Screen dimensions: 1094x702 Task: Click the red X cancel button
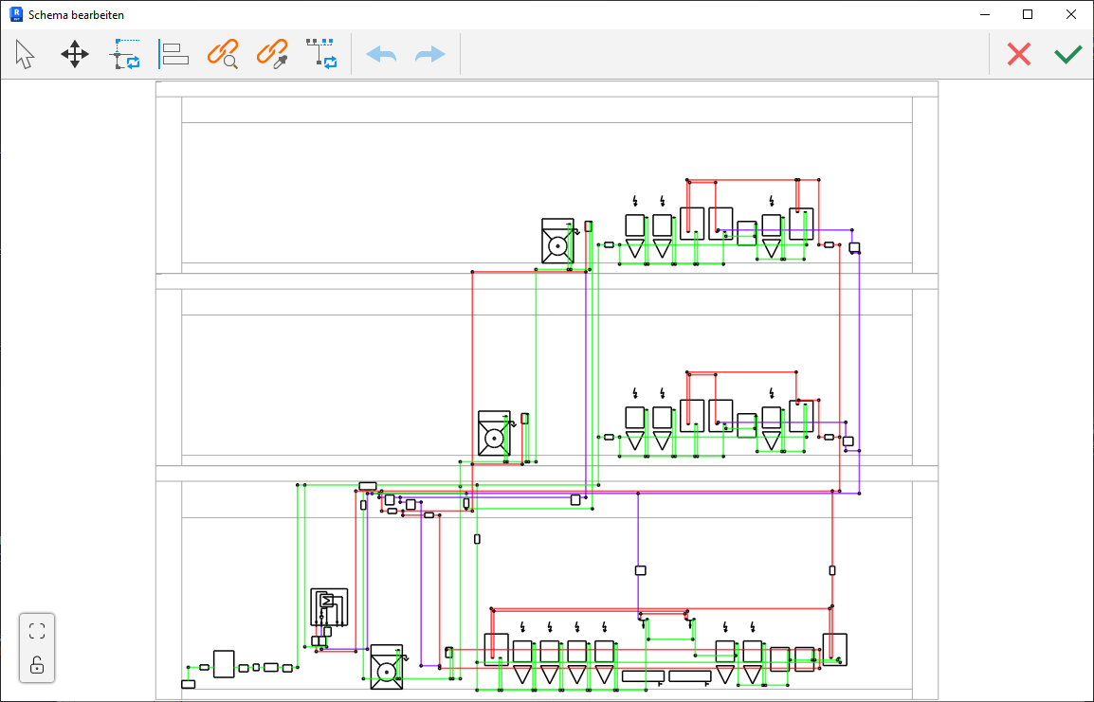coord(1019,54)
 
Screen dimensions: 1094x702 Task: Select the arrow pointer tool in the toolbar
coord(25,54)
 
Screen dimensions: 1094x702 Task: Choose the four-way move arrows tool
coord(75,54)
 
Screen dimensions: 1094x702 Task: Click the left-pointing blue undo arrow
coord(381,54)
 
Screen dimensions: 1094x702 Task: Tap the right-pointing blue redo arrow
coord(429,54)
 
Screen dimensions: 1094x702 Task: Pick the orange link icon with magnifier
coord(223,54)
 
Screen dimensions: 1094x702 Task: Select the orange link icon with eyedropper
coord(272,54)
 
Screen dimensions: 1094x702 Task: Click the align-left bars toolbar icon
coord(173,54)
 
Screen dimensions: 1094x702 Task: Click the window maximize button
coord(1027,14)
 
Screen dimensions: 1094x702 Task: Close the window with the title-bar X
coord(1071,14)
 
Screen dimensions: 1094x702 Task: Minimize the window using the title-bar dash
coord(984,14)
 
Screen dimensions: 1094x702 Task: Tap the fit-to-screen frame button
coord(37,631)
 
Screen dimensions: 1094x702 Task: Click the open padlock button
coord(37,666)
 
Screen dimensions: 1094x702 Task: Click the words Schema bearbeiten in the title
coord(76,14)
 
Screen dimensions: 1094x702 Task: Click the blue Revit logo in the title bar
coord(16,14)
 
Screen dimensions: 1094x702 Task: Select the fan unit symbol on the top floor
coord(558,242)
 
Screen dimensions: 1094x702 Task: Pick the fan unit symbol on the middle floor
coord(494,434)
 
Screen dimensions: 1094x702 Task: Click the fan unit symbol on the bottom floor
coord(387,667)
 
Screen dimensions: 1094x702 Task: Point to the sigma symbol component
coord(326,602)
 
